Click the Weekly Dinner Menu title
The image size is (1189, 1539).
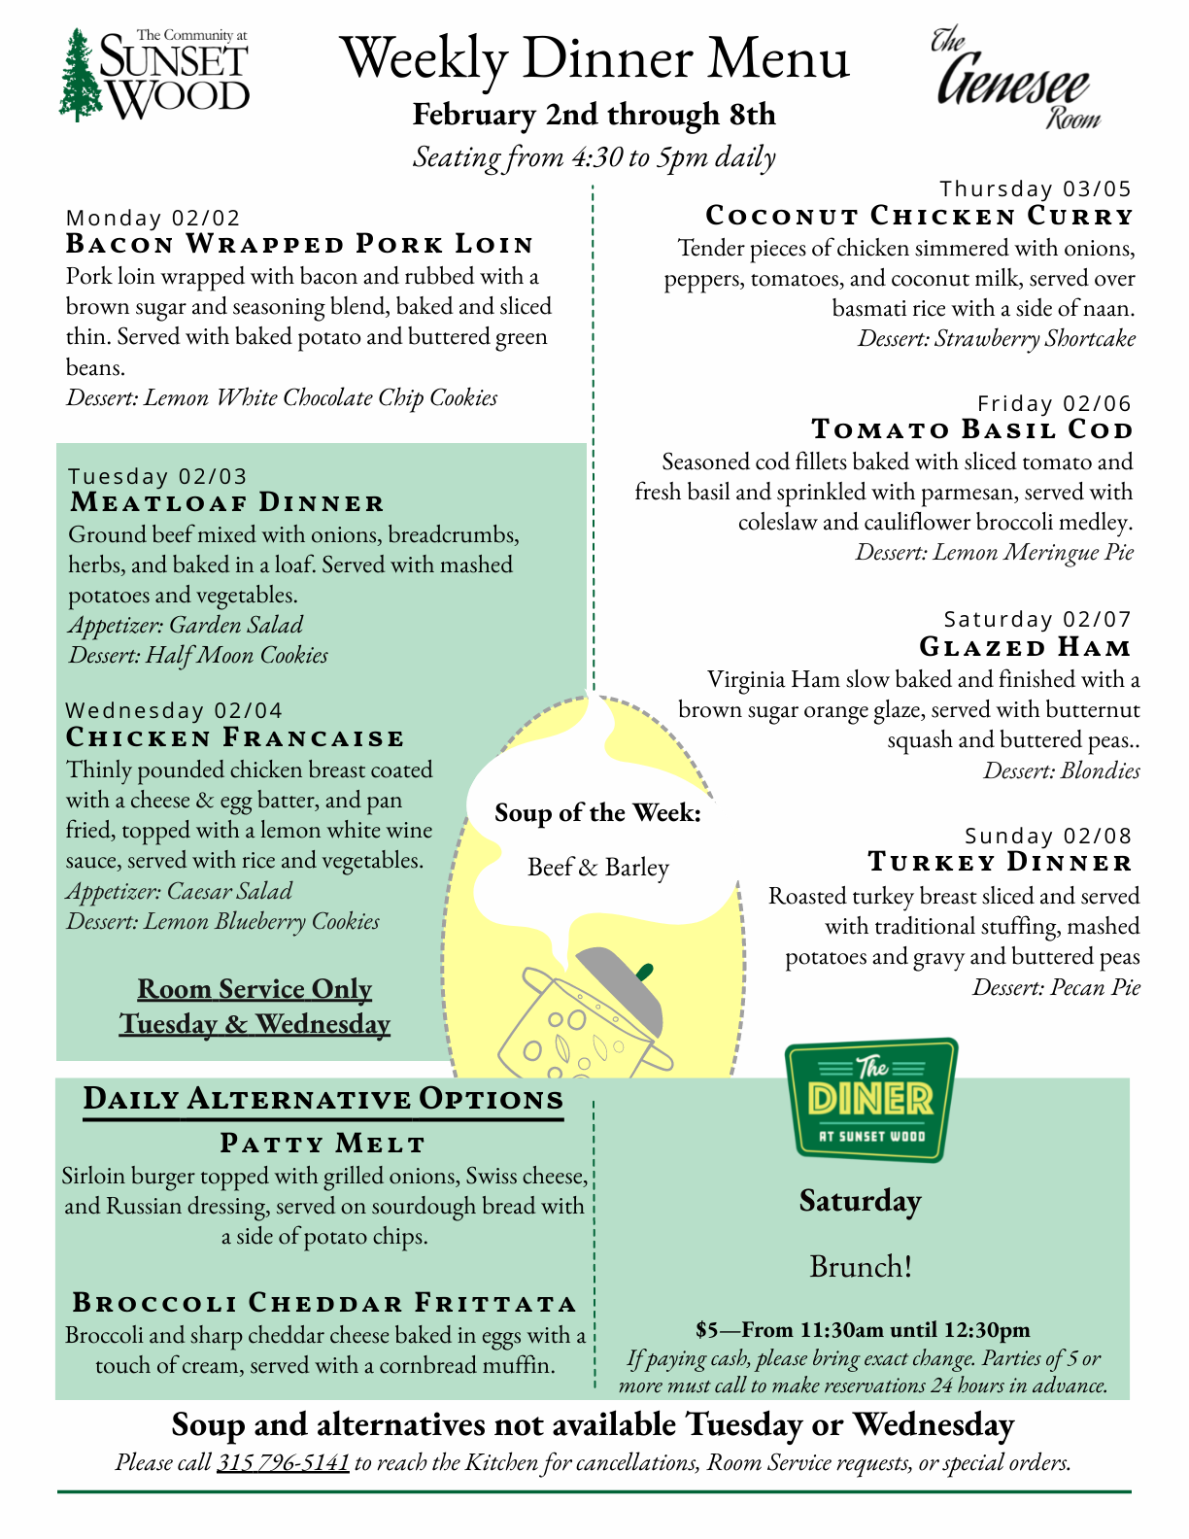point(594,58)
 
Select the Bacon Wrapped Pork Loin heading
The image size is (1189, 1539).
point(300,244)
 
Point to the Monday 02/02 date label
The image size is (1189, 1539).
point(153,218)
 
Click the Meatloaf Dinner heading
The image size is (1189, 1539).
point(227,502)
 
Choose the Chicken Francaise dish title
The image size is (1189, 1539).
point(235,737)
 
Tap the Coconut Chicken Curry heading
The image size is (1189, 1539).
point(919,216)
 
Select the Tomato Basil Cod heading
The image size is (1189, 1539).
point(971,429)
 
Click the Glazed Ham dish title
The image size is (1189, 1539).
point(1025,647)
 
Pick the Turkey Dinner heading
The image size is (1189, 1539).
point(1000,862)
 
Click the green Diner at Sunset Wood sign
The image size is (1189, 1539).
point(870,1100)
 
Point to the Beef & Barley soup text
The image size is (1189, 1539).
point(597,867)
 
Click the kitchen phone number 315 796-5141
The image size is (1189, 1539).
point(283,1462)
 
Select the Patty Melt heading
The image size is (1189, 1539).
point(323,1144)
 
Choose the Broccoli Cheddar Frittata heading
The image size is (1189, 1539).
point(324,1303)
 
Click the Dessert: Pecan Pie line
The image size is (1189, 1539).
point(1056,987)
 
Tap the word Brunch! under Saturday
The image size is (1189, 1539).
point(861,1267)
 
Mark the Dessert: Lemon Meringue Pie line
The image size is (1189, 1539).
point(994,552)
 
